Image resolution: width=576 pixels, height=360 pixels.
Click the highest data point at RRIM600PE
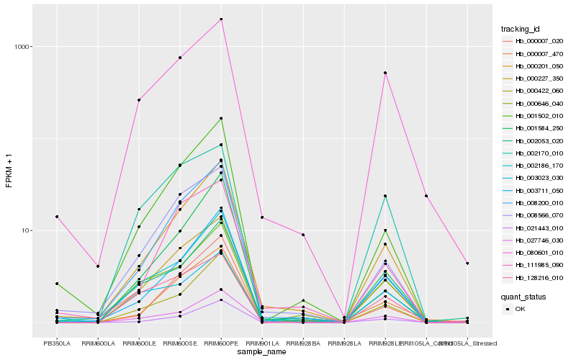tap(221, 19)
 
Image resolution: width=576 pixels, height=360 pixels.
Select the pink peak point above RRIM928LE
tap(386, 73)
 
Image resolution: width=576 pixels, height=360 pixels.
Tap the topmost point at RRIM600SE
tap(180, 58)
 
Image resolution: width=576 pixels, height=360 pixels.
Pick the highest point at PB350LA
tap(56, 217)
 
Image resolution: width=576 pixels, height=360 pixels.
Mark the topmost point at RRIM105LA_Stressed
tap(467, 264)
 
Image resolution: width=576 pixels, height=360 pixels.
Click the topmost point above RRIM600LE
tap(139, 100)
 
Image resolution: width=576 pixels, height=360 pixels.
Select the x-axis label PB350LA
tap(56, 343)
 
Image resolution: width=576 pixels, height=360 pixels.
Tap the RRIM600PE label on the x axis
tap(221, 343)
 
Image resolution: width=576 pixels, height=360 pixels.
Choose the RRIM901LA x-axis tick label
tap(262, 343)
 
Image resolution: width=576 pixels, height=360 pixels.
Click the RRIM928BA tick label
tap(303, 343)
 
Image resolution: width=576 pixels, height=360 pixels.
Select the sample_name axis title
tap(262, 353)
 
